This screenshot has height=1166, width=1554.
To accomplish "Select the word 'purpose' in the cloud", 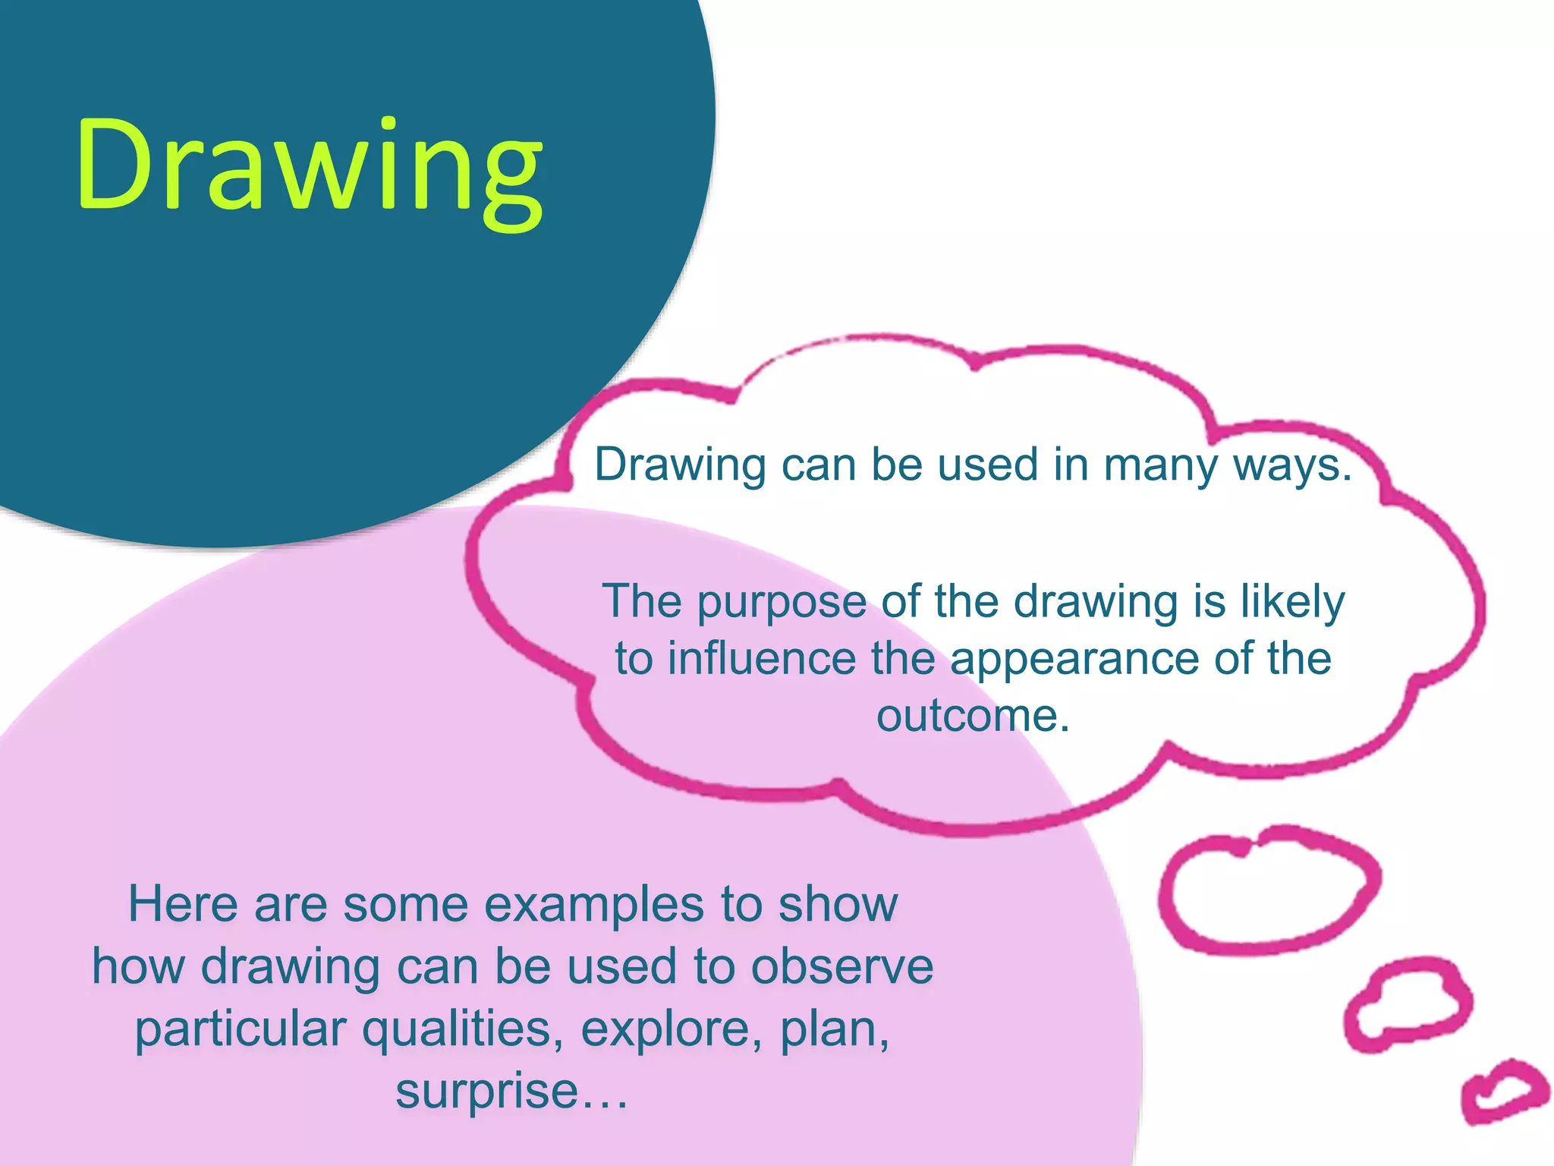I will point(782,603).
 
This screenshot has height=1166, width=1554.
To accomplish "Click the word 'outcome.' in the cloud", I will point(973,715).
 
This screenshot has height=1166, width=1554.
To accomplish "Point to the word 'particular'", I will point(240,1029).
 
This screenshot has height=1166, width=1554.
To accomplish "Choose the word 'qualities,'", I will point(462,1029).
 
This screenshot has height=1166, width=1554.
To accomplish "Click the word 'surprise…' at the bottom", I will point(511,1092).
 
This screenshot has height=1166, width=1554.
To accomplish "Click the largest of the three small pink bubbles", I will point(1269,890).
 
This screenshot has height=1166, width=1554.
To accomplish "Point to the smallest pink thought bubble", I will point(1504,1091).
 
